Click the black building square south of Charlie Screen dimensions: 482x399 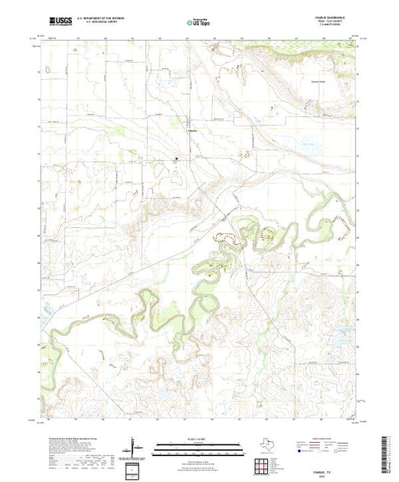(x=177, y=160)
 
